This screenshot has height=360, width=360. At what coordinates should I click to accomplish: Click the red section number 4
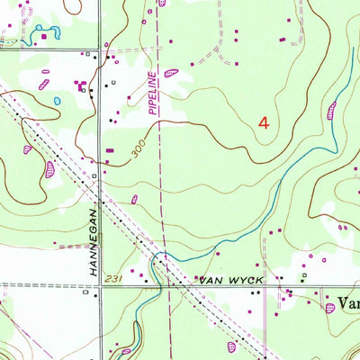tap(264, 123)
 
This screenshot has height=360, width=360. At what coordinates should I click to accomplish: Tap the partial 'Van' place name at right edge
tap(346, 304)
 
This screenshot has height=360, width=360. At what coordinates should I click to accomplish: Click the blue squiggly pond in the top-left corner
tap(45, 37)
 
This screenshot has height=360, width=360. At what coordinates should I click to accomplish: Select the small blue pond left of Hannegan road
tap(57, 101)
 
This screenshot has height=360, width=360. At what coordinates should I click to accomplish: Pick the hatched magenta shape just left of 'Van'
tap(330, 307)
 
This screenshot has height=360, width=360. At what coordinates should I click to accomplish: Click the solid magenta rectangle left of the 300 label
tap(110, 150)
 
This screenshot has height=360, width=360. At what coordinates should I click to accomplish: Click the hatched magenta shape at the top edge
tap(162, 3)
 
